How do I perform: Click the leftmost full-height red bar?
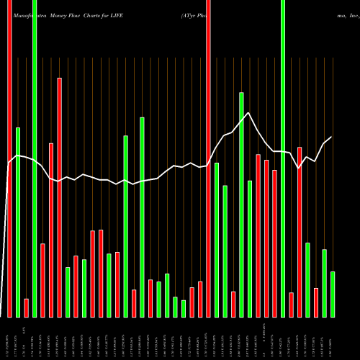pos(9,158)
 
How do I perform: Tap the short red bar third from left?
pos(27,307)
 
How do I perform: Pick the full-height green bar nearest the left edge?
pos(35,158)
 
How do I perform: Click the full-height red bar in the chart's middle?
pos(208,158)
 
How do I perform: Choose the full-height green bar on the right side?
pos(282,158)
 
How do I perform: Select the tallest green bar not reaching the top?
pos(241,204)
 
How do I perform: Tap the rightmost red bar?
pos(315,302)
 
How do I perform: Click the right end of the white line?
pos(331,137)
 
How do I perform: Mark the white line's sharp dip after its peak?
pos(299,168)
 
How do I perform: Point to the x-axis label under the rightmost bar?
pos(333,338)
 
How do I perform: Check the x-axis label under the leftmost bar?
pos(10,338)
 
